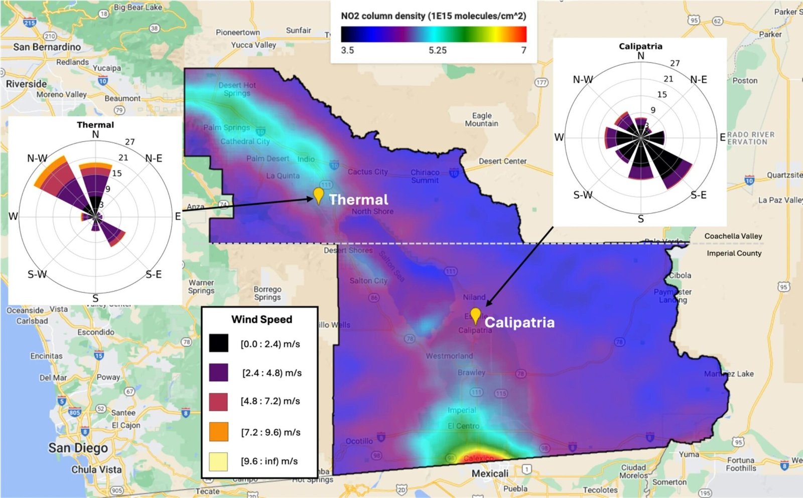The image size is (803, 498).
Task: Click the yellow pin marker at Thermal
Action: tap(318, 195)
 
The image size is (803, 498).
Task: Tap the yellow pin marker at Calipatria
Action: tap(475, 315)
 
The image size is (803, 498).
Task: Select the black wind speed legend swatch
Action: tap(219, 344)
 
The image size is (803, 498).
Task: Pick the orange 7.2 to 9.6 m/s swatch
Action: tap(219, 432)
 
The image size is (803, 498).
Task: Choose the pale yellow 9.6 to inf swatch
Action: tap(219, 461)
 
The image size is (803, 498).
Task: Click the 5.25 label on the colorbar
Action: tap(438, 50)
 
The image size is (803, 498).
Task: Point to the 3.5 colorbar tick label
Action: tap(347, 50)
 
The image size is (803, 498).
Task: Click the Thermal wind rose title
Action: tap(95, 125)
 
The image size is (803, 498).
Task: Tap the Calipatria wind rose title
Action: tap(640, 46)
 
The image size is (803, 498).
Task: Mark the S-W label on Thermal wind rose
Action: tap(37, 274)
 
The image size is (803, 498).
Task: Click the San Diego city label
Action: tap(78, 448)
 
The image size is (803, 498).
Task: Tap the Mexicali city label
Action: tap(490, 473)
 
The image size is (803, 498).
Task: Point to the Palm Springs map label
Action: tap(226, 127)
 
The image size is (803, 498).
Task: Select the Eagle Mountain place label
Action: tap(481, 119)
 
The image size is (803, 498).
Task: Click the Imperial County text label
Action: tap(734, 253)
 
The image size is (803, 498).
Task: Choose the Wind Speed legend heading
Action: tap(261, 319)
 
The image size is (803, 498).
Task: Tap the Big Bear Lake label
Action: tap(138, 7)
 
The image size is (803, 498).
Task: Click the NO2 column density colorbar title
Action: tap(434, 16)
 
